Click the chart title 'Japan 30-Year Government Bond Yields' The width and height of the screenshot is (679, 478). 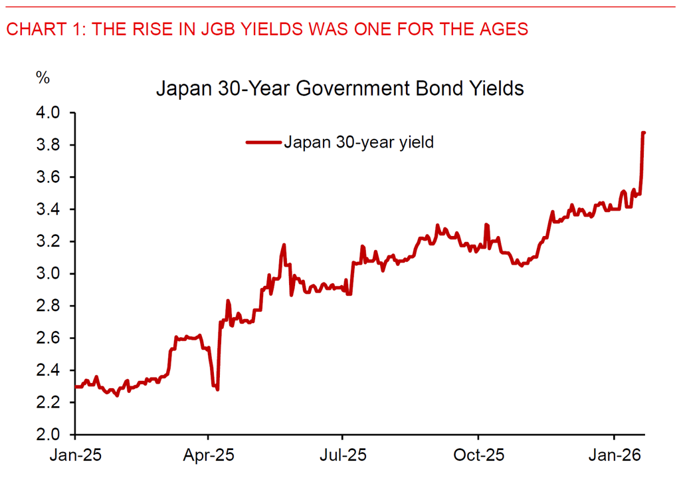point(339,88)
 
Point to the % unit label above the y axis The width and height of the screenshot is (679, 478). point(43,78)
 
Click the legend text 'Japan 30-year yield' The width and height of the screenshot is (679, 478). point(359,142)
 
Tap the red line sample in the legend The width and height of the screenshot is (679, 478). point(264,142)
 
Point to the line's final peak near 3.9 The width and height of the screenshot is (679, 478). point(643,133)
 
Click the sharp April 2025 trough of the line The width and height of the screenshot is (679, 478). point(217,388)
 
